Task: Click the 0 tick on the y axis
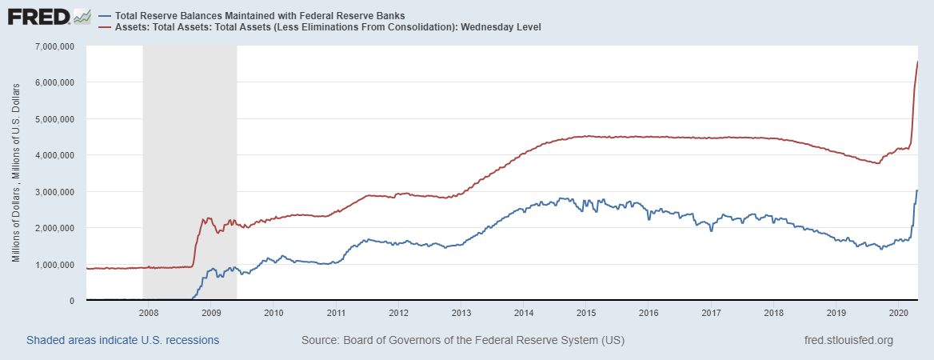(72, 301)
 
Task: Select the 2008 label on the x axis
(149, 313)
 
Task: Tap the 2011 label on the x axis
(337, 313)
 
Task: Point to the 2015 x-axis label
(587, 313)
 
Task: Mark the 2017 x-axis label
(712, 313)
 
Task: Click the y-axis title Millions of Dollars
(16, 173)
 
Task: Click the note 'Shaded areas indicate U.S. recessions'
(122, 341)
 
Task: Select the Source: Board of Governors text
(463, 341)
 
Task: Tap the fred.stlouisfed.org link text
(848, 341)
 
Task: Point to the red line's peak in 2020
(917, 62)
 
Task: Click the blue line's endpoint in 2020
(917, 190)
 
